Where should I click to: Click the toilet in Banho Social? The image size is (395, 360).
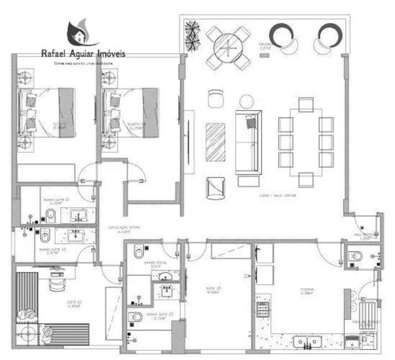point(139,253)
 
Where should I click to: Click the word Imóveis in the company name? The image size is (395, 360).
point(110,54)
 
